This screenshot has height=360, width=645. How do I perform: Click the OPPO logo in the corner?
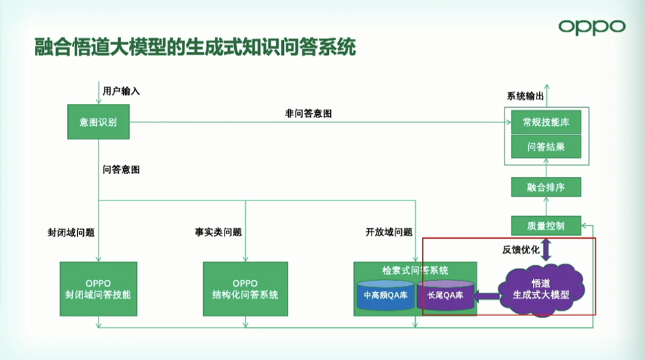tap(591, 27)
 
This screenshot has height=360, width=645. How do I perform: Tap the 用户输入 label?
tap(121, 91)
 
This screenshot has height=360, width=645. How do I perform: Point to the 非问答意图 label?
tap(308, 113)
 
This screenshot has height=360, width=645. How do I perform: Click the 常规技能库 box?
tap(546, 121)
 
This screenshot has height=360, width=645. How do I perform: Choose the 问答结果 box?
tap(546, 146)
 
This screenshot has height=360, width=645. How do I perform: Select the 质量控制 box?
tap(546, 225)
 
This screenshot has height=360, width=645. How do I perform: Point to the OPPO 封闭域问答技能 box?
tap(98, 288)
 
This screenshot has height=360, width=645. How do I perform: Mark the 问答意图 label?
tap(121, 170)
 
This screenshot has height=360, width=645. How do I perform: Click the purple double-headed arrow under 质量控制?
tap(546, 249)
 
